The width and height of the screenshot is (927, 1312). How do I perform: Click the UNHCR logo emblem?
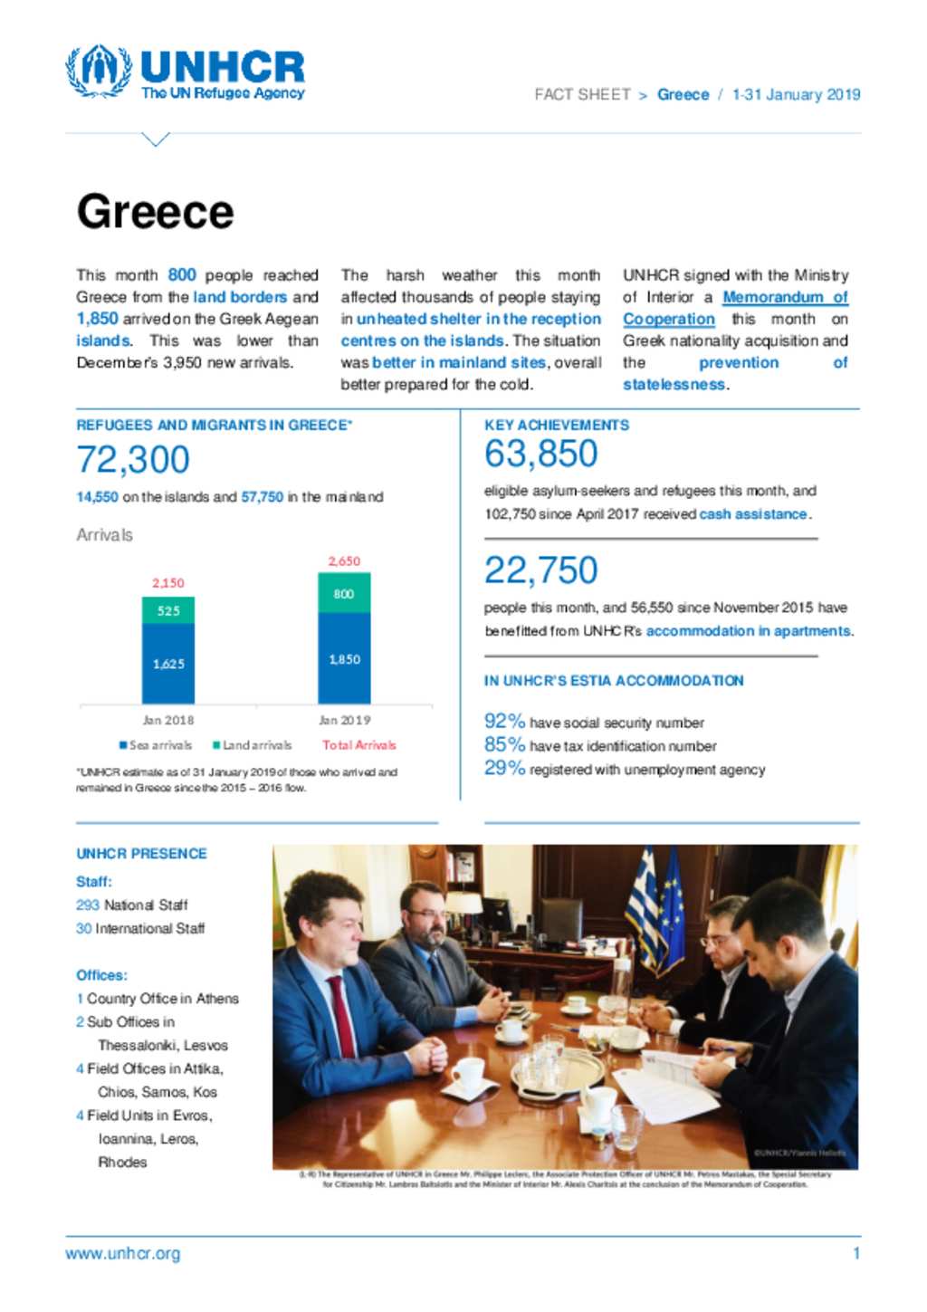click(99, 71)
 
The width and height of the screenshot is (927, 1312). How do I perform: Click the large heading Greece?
click(155, 212)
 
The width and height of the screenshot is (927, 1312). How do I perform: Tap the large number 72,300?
click(133, 460)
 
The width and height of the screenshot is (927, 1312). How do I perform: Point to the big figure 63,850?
click(540, 454)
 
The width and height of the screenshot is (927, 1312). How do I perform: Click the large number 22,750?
click(540, 570)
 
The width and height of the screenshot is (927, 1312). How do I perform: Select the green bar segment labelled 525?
click(168, 610)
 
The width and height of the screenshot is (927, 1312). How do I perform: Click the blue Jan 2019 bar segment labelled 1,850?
click(344, 659)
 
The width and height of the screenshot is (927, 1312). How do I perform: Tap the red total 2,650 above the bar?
click(344, 561)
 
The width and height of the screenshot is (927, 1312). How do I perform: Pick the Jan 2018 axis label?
click(168, 721)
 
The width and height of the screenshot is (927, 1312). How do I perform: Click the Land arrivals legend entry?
click(253, 745)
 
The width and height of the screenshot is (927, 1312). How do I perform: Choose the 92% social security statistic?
click(504, 722)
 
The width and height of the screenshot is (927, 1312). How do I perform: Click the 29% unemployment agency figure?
click(504, 769)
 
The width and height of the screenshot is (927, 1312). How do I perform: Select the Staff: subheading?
click(94, 881)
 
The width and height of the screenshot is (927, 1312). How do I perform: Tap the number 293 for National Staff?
click(88, 905)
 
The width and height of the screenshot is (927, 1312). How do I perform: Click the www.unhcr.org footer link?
click(123, 1254)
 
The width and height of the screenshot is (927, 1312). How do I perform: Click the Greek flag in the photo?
click(644, 896)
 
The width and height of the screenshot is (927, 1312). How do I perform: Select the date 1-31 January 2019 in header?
click(796, 94)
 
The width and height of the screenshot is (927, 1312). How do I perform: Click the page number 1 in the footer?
click(855, 1254)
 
